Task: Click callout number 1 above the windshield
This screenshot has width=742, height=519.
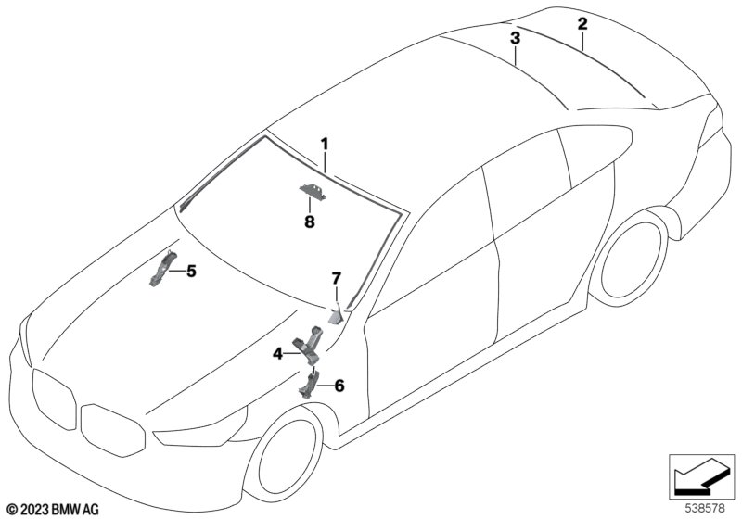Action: coord(326,144)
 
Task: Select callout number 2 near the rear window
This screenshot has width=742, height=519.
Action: coord(582,23)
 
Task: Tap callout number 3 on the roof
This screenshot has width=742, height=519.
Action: coord(515,38)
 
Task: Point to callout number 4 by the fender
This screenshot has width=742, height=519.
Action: coord(277,352)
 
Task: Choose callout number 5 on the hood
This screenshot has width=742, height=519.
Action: coord(192,271)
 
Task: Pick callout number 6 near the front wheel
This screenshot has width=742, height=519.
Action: coord(339,385)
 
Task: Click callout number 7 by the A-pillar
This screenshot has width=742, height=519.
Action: coord(337,278)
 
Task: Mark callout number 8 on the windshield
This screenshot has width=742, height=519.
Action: coord(309,222)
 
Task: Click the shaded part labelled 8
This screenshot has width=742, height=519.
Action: coord(312,191)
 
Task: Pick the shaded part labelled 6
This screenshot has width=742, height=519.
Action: coord(308,383)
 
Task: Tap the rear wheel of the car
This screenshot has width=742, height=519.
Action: coord(633,267)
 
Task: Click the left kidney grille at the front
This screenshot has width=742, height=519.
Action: coord(52,395)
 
